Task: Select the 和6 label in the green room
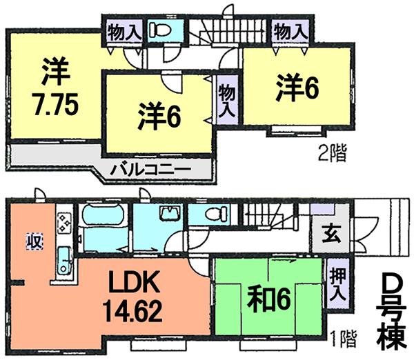(264, 298)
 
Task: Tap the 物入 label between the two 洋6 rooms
(226, 101)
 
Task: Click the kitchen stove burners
(64, 222)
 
